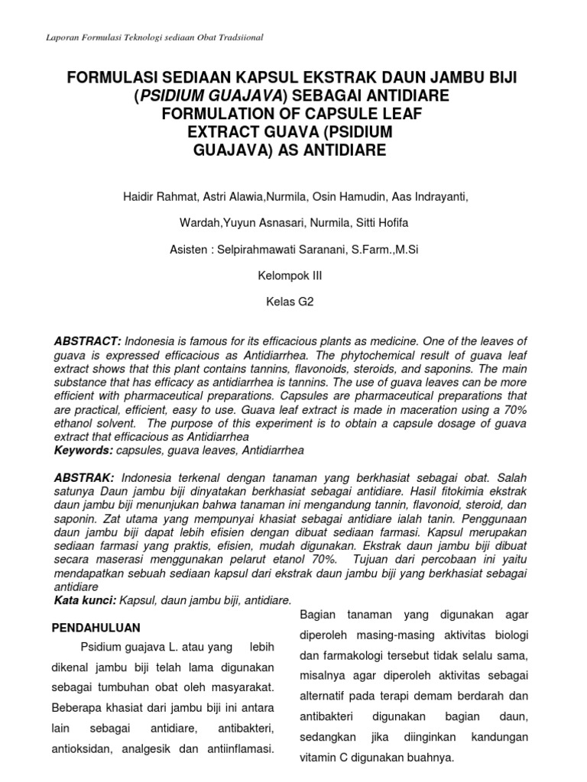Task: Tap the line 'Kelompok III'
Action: (x=293, y=275)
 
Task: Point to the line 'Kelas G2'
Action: (x=293, y=302)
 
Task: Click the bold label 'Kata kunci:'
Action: (x=85, y=601)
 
